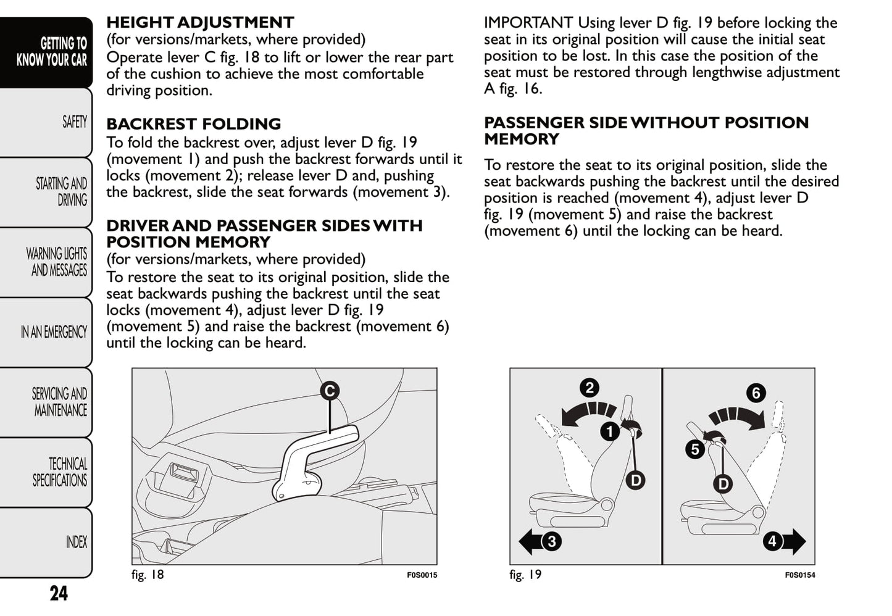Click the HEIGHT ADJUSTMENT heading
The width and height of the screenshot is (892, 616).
click(200, 23)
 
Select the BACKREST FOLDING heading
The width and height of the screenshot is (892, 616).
click(193, 124)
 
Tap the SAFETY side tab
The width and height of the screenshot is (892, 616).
click(74, 122)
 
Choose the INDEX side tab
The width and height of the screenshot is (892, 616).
click(76, 543)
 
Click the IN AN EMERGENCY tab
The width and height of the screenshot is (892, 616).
click(54, 332)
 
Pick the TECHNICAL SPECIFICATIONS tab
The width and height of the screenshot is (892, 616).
click(60, 472)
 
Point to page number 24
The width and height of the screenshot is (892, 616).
click(59, 593)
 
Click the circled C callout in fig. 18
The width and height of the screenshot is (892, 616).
click(330, 391)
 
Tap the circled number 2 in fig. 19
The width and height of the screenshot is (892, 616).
click(590, 388)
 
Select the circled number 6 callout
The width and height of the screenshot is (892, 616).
click(756, 393)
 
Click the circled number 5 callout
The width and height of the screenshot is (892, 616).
click(695, 449)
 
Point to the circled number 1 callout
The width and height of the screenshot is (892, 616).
click(610, 431)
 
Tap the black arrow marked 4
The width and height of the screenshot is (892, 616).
click(784, 541)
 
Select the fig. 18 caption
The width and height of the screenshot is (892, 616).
click(148, 575)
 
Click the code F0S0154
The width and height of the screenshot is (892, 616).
click(799, 575)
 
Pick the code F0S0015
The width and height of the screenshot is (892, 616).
click(422, 575)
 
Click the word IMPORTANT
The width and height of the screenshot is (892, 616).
click(528, 23)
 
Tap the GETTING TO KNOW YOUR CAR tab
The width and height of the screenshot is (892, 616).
click(52, 52)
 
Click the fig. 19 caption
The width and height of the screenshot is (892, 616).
click(525, 575)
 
